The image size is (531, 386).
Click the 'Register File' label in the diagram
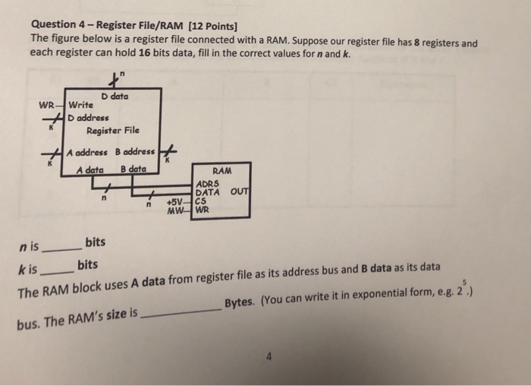[113, 130]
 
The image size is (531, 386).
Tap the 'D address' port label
[88, 118]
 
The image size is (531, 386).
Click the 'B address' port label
[135, 151]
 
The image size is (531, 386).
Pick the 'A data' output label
[90, 169]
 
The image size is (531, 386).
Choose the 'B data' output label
[134, 169]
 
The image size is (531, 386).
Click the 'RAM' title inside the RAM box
[222, 172]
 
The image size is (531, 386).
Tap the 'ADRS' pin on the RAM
[207, 184]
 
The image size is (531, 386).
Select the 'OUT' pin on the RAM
[240, 192]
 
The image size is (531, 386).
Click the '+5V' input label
[175, 201]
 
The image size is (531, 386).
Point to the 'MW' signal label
[176, 210]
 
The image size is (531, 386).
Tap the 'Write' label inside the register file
[81, 104]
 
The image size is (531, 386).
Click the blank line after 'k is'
[58, 270]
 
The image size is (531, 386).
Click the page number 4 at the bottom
[268, 355]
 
